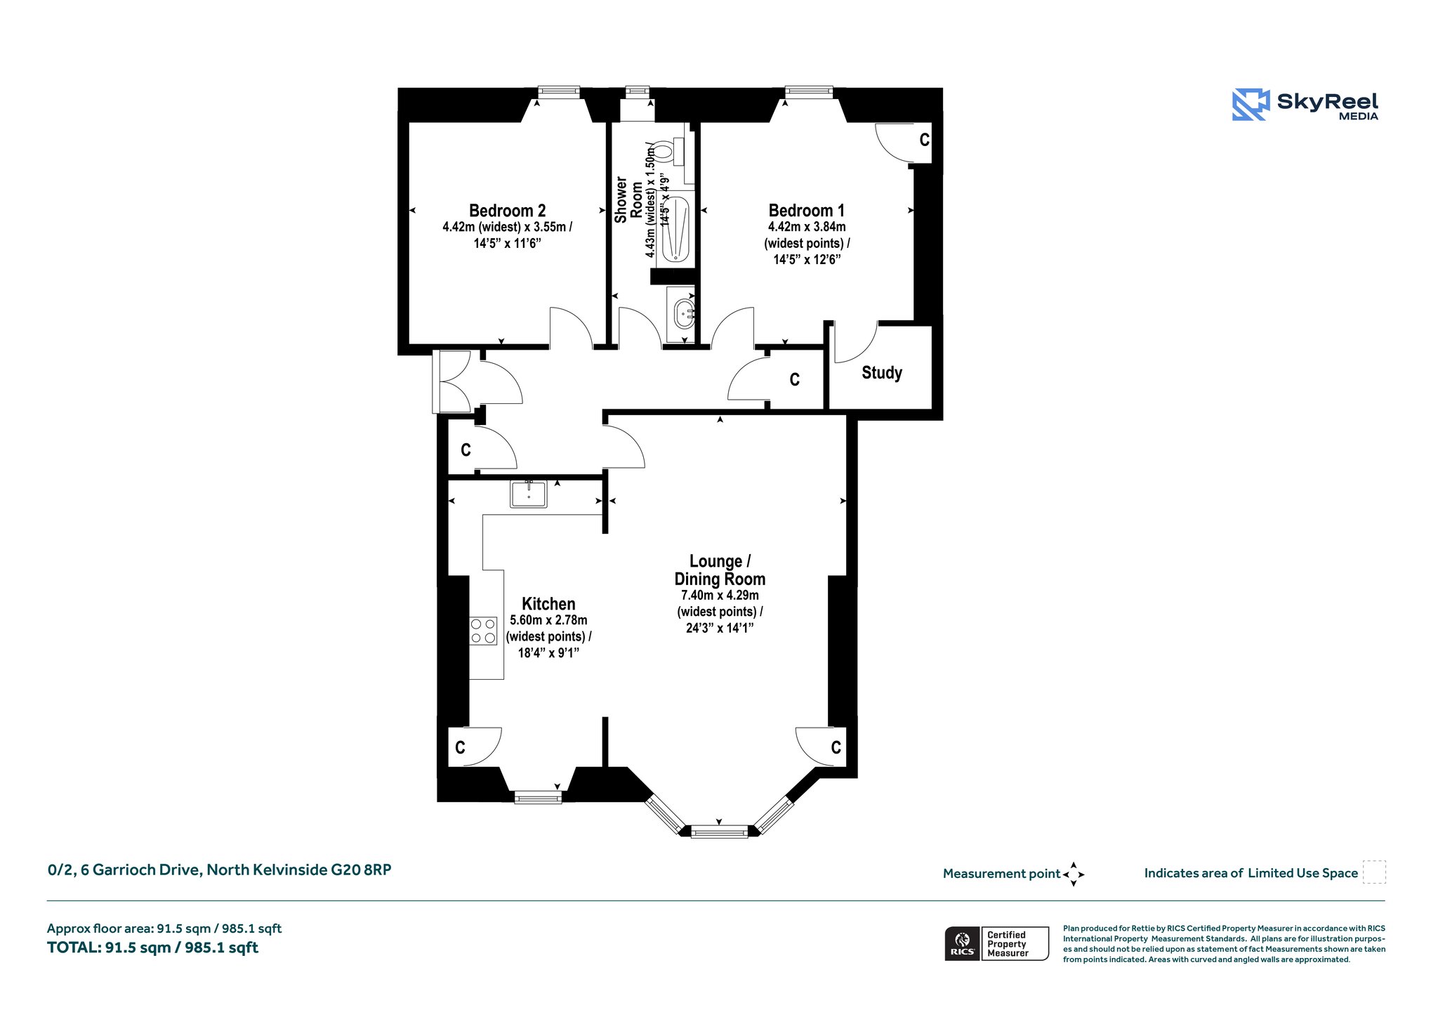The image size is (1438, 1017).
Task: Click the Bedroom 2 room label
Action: tap(507, 211)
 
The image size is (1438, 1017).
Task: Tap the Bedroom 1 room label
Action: tap(807, 211)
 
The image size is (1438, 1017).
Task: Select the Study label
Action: tap(882, 373)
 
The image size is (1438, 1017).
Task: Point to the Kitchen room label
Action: tap(548, 604)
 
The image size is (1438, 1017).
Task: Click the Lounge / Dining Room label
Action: tap(720, 570)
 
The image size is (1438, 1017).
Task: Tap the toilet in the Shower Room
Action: tap(670, 151)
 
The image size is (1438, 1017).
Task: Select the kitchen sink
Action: tap(529, 494)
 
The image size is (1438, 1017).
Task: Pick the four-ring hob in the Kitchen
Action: tap(483, 629)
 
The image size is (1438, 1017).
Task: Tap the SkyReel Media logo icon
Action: tap(1251, 105)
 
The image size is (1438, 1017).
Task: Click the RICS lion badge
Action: tap(963, 943)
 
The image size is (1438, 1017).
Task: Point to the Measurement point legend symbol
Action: tap(1074, 874)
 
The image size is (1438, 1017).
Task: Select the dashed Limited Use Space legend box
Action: tap(1374, 872)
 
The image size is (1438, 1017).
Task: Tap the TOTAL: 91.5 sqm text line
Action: tap(152, 948)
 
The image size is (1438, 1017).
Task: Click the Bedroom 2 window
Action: tap(559, 91)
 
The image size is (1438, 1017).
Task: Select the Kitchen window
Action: tap(538, 797)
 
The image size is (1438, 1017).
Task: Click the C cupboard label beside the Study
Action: tap(794, 380)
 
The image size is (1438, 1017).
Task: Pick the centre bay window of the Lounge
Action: tap(720, 832)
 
